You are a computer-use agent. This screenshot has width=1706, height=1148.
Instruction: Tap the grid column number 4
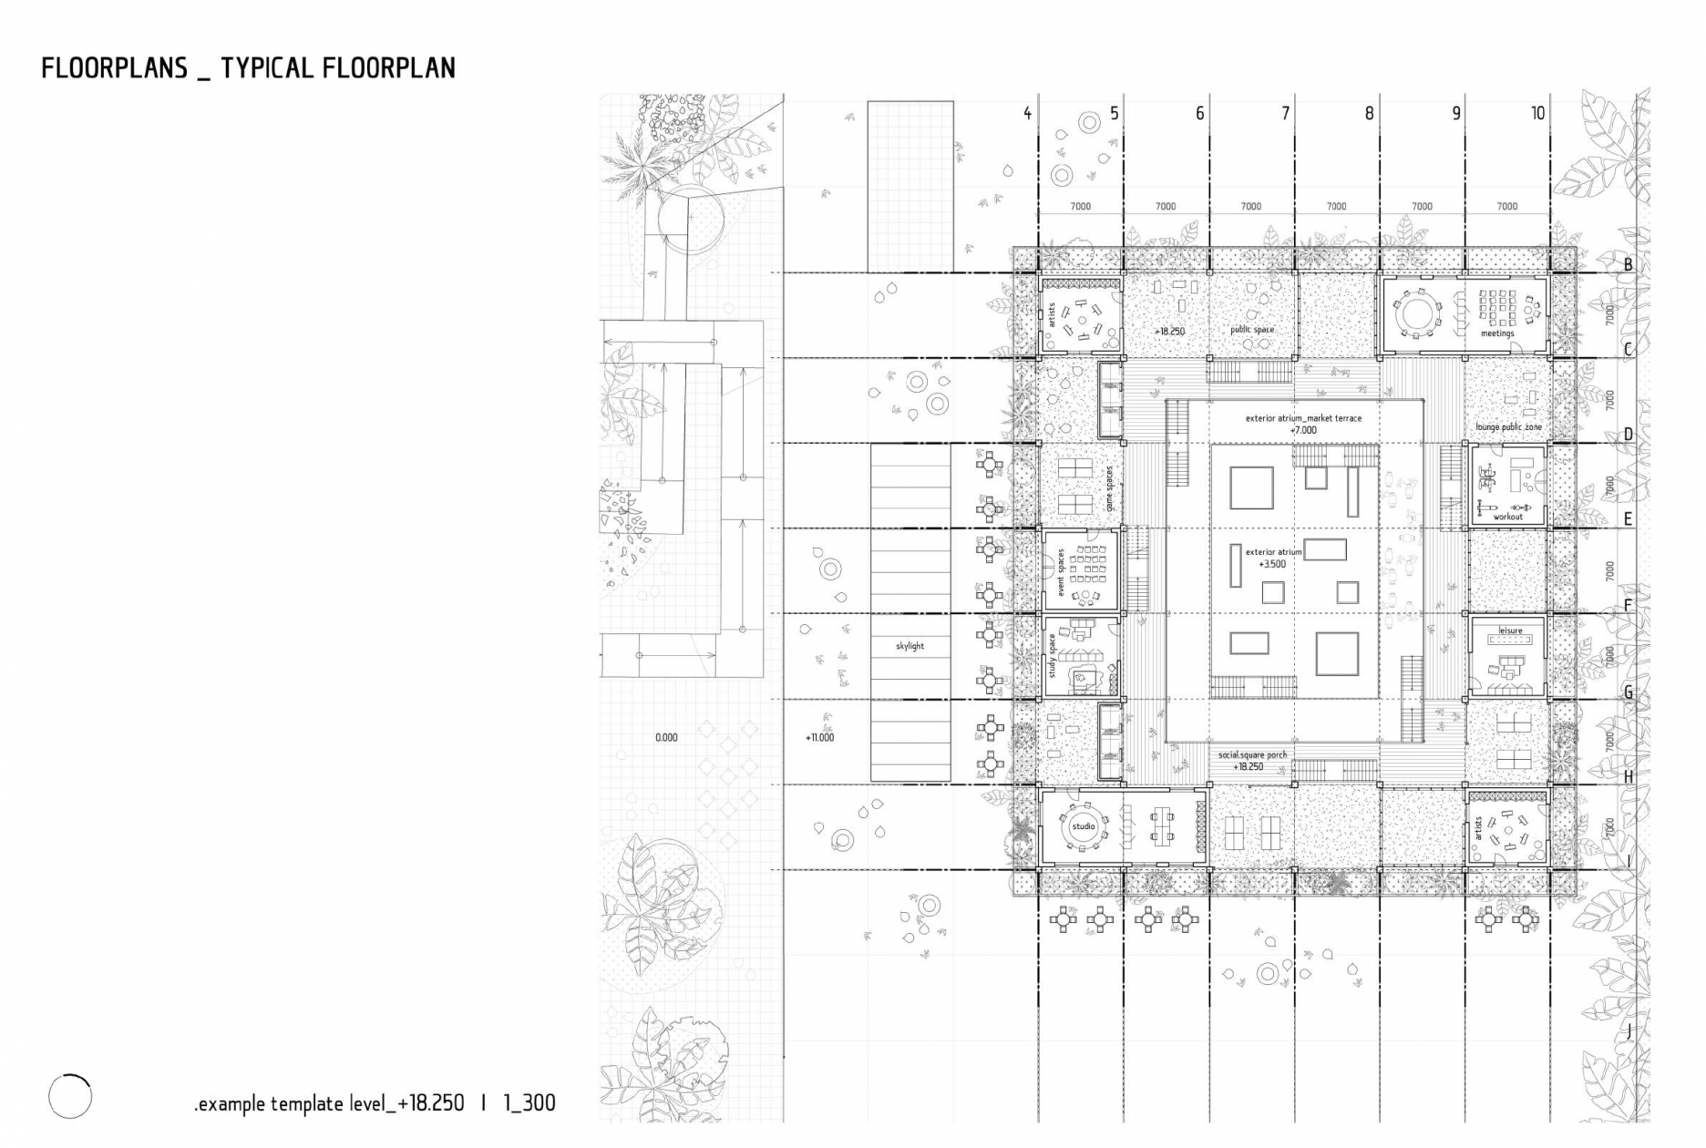pos(1028,114)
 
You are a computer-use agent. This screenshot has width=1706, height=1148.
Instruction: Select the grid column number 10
pos(1538,114)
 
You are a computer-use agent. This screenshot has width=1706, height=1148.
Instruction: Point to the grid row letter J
pos(1628,1032)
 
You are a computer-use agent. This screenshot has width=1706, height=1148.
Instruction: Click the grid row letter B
pos(1628,265)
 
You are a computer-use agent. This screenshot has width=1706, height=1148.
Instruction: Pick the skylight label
pos(910,646)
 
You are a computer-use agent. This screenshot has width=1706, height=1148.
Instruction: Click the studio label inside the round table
pos(1084,826)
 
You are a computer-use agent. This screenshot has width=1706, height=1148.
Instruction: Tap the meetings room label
pos(1497,333)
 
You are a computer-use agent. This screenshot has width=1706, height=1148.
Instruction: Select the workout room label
pos(1508,517)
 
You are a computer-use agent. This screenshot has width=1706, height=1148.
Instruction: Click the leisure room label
pos(1511,630)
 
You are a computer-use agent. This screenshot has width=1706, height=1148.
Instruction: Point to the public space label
pos(1253,330)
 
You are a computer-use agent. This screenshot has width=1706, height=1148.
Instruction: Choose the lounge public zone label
pos(1509,426)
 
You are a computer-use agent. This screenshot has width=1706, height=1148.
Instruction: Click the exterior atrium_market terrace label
pos(1304,418)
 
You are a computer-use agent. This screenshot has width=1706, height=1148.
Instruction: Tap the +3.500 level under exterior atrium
pos(1273,564)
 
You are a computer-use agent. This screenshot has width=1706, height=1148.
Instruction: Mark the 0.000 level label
pos(666,737)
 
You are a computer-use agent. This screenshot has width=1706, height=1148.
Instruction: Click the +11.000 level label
pos(820,737)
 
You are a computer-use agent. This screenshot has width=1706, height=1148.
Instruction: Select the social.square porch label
pos(1253,754)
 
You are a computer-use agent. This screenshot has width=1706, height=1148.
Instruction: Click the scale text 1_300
pos(529,1103)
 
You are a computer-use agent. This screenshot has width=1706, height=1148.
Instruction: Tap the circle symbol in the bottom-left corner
pos(70,1096)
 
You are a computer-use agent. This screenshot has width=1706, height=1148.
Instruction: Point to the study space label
pos(1053,655)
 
